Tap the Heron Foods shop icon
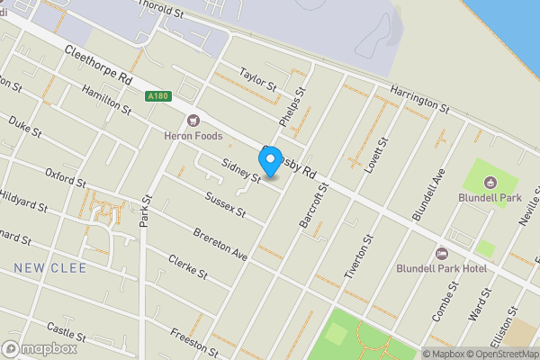[x=191, y=120]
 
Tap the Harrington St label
[x=420, y=98]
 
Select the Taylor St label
[x=257, y=78]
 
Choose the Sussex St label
[x=225, y=203]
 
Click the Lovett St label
[x=376, y=157]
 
